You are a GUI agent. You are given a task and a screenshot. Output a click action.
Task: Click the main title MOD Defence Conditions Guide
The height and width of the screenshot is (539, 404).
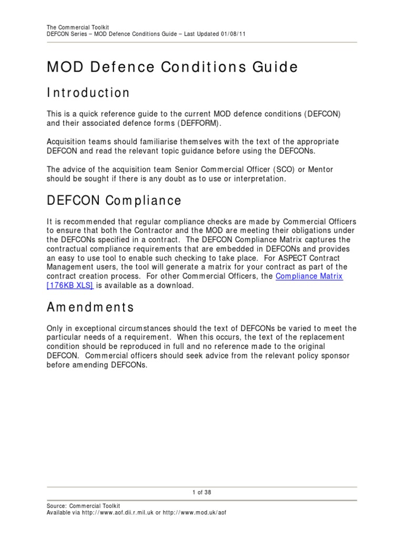[173, 67]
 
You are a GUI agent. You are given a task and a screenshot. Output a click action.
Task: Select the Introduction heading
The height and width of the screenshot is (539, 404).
[88, 93]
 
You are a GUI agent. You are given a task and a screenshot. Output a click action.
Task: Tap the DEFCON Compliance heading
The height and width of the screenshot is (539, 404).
[114, 201]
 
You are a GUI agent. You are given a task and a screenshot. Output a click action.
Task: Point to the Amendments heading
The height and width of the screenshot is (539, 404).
[90, 307]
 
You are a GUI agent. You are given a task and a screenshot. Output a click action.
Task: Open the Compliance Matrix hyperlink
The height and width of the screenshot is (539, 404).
[309, 276]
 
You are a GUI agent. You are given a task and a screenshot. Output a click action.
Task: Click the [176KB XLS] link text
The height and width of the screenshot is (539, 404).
[70, 286]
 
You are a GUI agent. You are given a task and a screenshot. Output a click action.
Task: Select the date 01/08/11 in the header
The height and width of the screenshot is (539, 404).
[221, 34]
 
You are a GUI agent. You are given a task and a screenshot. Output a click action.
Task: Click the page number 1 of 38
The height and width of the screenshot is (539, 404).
[202, 492]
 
